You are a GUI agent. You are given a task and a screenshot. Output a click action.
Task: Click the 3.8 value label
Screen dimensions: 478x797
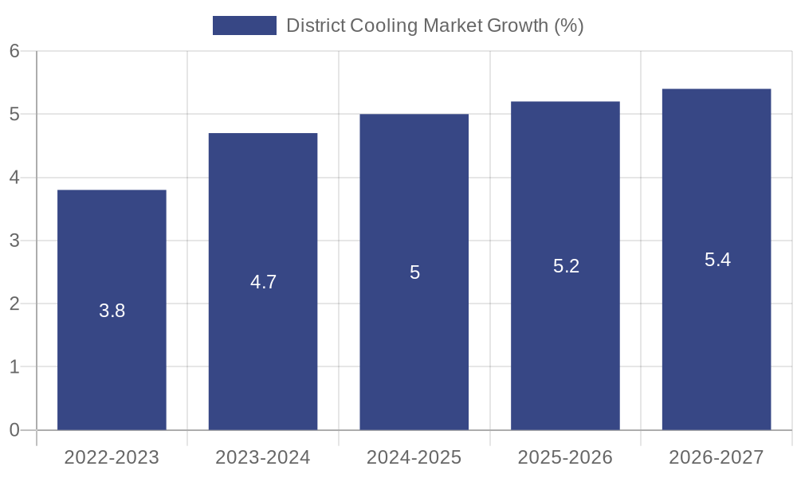pos(112,311)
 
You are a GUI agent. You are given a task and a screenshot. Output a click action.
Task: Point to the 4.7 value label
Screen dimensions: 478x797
pos(263,282)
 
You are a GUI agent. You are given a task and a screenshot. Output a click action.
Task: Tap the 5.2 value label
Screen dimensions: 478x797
pos(566,266)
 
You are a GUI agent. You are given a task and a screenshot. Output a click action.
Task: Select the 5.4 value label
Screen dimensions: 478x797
pos(717,260)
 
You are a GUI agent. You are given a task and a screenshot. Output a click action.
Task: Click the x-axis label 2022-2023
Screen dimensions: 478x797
pos(112,457)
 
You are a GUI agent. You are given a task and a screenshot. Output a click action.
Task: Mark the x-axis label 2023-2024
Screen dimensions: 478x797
pos(263,457)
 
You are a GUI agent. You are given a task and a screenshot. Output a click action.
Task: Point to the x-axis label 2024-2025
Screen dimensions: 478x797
pos(414,457)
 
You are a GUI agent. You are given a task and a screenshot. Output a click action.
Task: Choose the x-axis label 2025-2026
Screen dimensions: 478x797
pos(565,457)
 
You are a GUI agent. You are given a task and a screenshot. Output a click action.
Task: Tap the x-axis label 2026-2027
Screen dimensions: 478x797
pos(717,457)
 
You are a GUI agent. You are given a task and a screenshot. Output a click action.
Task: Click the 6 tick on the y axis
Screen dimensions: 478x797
pos(14,51)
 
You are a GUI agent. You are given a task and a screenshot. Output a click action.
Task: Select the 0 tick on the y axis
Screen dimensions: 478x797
pos(14,430)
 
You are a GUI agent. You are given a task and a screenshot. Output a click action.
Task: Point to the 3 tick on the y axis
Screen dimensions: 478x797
pos(14,241)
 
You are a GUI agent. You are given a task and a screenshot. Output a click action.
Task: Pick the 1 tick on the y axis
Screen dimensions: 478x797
pos(14,367)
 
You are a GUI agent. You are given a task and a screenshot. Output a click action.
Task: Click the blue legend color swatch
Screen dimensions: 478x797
pos(244,25)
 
